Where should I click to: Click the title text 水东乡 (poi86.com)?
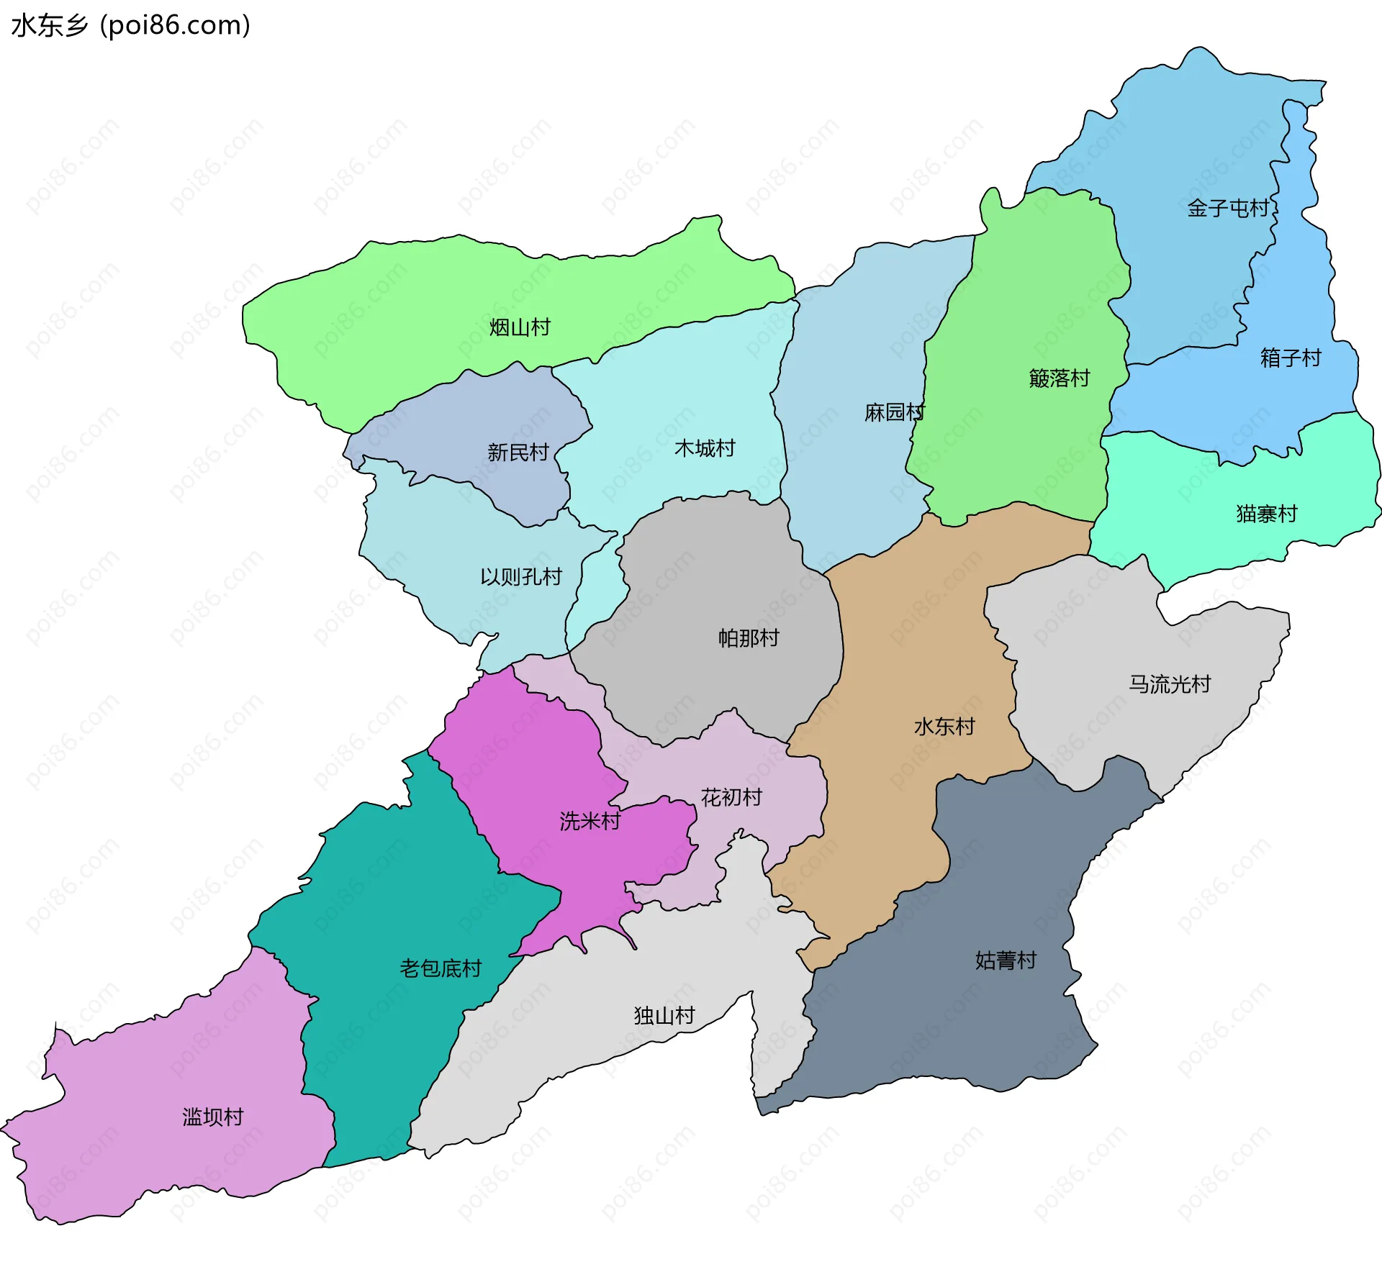[131, 25]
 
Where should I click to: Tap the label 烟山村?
[520, 327]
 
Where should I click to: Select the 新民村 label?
[518, 452]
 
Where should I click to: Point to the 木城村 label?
[705, 448]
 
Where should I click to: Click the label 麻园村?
[894, 412]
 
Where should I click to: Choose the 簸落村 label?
[1059, 378]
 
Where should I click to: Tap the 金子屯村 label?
[1228, 208]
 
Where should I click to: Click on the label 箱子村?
[1291, 358]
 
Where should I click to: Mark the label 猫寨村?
[1266, 514]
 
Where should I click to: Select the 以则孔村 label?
[520, 576]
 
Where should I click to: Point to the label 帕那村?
[749, 637]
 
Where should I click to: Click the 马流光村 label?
[1169, 683]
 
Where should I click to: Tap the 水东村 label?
[944, 726]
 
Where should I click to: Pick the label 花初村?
[731, 796]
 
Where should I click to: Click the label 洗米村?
[590, 821]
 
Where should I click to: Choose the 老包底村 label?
[441, 968]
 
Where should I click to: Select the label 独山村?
[664, 1015]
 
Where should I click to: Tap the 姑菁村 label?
[1006, 960]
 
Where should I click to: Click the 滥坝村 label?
[213, 1117]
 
